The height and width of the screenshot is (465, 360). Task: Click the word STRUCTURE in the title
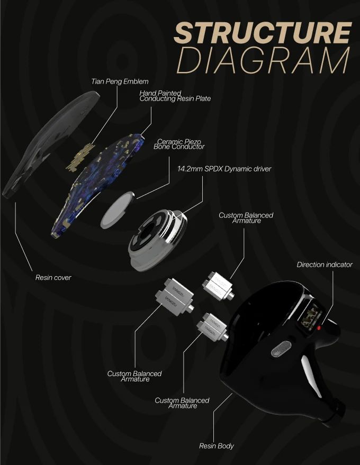click(262, 33)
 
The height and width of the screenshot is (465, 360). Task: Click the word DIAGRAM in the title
click(263, 61)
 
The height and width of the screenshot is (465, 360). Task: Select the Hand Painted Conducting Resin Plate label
click(175, 96)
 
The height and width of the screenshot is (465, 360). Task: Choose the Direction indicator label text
click(324, 265)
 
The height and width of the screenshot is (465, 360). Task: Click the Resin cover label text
click(53, 277)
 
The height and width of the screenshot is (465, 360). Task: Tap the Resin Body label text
click(216, 446)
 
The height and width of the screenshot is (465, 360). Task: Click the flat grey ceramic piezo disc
click(119, 209)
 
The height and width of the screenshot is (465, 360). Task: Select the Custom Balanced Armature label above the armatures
click(246, 218)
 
